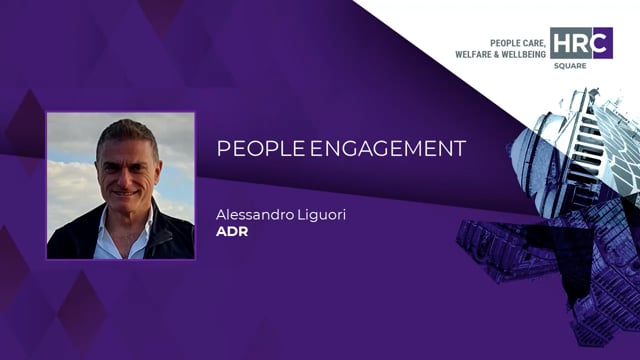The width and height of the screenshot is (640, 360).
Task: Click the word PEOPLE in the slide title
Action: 252,149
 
